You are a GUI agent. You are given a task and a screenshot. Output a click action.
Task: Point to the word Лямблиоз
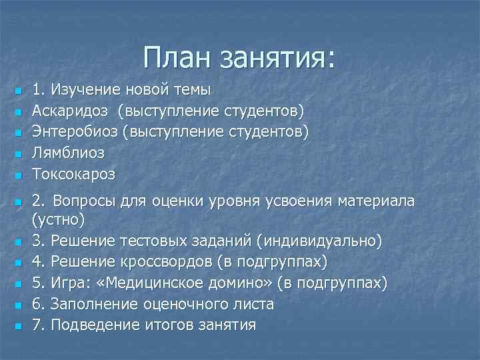click(69, 153)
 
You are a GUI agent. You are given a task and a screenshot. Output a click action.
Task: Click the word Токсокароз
click(73, 175)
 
